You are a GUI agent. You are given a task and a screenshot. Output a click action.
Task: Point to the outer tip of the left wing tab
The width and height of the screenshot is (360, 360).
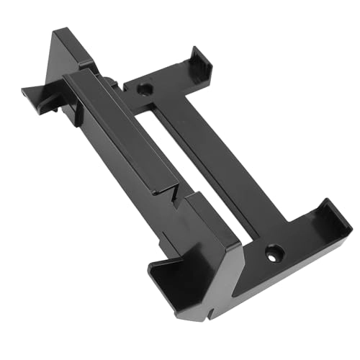pyautogui.click(x=24, y=91)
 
